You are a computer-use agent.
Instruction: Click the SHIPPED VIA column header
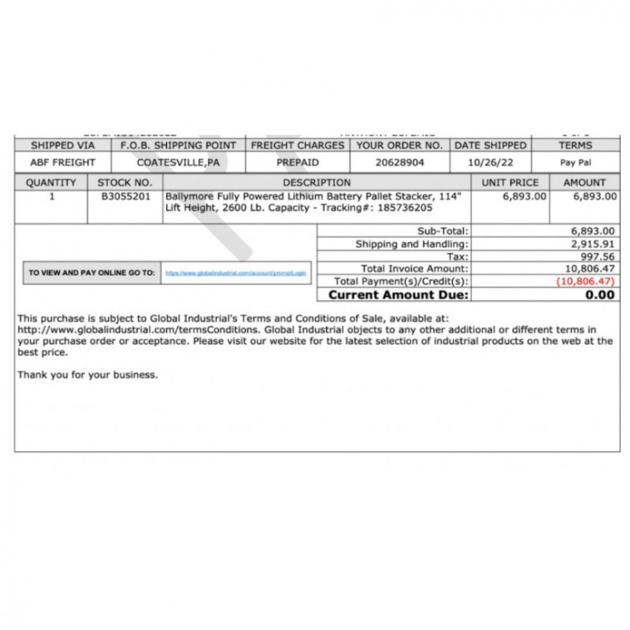click(x=63, y=146)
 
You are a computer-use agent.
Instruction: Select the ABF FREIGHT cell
click(x=63, y=162)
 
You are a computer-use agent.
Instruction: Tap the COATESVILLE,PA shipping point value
click(x=178, y=162)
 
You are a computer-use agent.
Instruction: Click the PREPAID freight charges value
click(x=298, y=162)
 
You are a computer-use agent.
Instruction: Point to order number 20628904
click(x=400, y=162)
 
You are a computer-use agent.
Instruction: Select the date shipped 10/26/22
click(x=490, y=162)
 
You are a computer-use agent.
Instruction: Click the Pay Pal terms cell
click(x=576, y=163)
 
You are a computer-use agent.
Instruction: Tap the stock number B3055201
click(x=126, y=196)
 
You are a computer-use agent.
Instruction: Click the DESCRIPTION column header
click(x=317, y=183)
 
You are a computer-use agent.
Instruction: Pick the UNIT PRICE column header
click(x=510, y=183)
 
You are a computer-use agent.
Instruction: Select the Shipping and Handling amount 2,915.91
click(x=592, y=244)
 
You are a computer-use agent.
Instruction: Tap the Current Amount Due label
click(x=398, y=295)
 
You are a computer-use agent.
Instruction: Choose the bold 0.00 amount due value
click(x=600, y=295)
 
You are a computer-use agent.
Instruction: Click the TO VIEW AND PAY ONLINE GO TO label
click(x=91, y=272)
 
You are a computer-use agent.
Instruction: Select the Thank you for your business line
click(x=87, y=375)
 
